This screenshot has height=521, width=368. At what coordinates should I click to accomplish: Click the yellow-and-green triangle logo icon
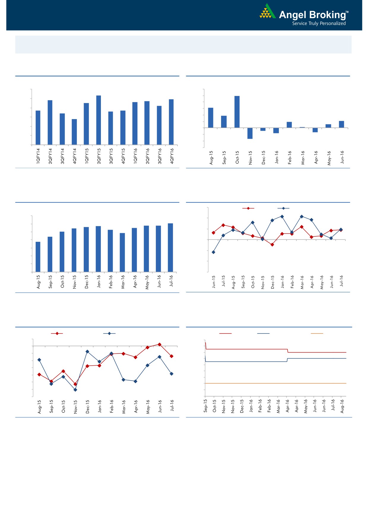[267, 12]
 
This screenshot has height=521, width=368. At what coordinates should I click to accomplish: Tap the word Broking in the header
[327, 15]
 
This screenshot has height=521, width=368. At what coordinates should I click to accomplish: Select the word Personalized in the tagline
[333, 23]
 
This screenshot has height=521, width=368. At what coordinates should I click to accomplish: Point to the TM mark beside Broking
[347, 12]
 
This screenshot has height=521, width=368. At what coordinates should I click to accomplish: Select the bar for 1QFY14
[38, 128]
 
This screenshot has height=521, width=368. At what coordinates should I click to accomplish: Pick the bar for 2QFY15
[99, 120]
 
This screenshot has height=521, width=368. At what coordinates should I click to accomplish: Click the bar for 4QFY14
[74, 132]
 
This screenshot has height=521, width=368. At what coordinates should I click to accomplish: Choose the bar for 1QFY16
[135, 123]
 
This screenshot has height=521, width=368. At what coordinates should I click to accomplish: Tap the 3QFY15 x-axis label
[111, 156]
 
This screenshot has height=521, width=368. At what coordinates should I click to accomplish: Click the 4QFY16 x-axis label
[172, 156]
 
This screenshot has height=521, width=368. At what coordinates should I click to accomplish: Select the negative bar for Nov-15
[250, 133]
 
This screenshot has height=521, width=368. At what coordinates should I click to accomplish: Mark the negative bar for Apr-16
[315, 130]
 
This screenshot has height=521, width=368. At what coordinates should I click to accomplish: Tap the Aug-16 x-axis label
[342, 406]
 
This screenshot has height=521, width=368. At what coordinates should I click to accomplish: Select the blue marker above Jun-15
[213, 252]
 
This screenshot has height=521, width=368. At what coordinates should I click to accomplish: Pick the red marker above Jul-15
[223, 225]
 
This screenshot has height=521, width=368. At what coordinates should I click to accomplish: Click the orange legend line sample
[317, 334]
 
